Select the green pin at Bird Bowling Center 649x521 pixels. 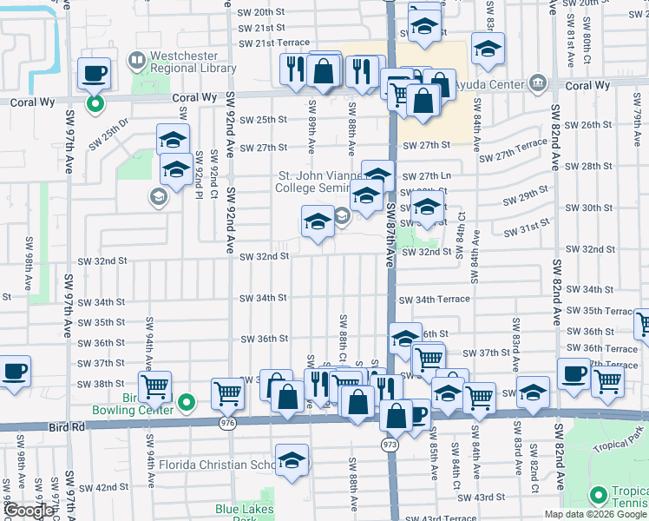tap(190, 402)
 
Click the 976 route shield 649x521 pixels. tap(228, 423)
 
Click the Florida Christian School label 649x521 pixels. tap(217, 465)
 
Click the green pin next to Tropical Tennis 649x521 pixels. tap(597, 496)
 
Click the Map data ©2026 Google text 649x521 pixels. tap(595, 514)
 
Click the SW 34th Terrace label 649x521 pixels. tap(434, 300)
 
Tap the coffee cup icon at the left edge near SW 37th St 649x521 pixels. tap(14, 372)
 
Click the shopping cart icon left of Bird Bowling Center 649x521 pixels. tap(154, 386)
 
